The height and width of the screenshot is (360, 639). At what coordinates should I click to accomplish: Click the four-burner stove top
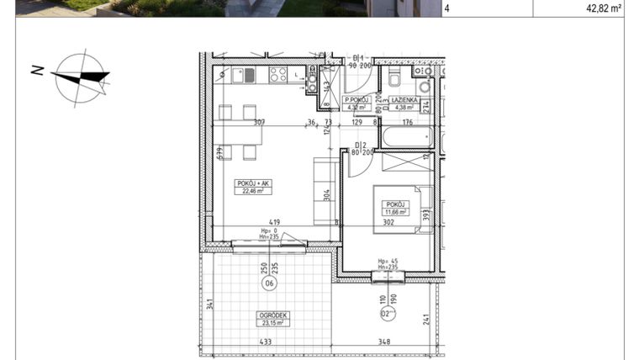pyautogui.click(x=277, y=76)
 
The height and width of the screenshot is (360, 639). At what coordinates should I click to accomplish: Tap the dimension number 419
pyautogui.click(x=274, y=223)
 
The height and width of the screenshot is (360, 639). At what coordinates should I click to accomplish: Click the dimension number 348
pyautogui.click(x=383, y=341)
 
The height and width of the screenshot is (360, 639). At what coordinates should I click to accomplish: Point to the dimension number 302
pyautogui.click(x=389, y=223)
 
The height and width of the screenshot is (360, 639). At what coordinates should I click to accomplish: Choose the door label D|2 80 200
pyautogui.click(x=362, y=150)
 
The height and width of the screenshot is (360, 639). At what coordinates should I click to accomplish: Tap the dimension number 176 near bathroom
pyautogui.click(x=406, y=123)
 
